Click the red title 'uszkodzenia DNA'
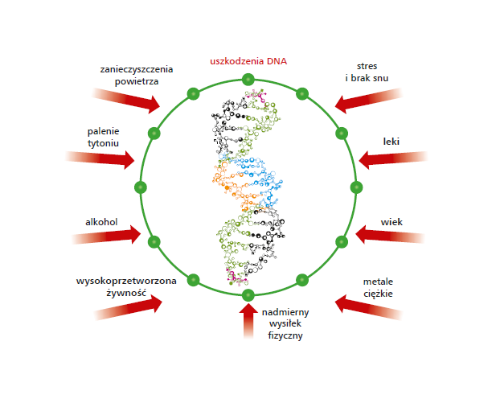pos(248,60)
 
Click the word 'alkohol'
pos(102,220)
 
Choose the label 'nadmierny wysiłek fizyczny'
pos(285,323)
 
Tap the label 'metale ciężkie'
pos(378,287)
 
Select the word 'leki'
pos(391,141)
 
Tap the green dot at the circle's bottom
pos(248,294)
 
